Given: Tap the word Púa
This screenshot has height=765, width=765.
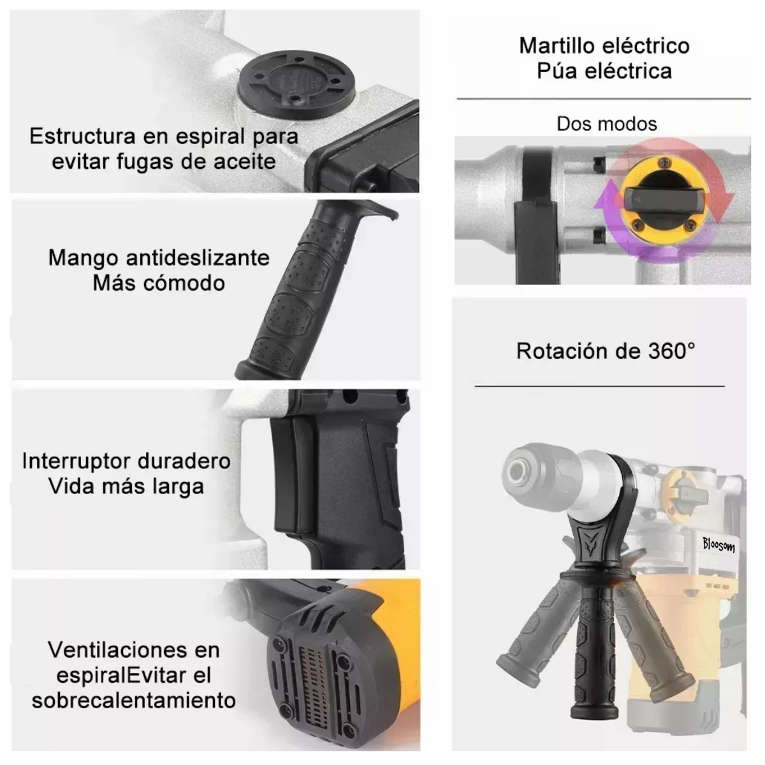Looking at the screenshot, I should click(x=558, y=71).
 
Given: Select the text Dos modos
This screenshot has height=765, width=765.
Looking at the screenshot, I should click(x=606, y=124).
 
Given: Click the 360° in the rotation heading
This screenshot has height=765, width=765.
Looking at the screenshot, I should click(x=672, y=351).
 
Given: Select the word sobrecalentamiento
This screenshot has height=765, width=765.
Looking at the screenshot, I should click(x=134, y=700).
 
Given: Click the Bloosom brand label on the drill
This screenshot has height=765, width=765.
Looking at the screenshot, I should click(x=718, y=544).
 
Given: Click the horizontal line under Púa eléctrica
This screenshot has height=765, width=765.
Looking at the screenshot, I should click(x=603, y=99).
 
